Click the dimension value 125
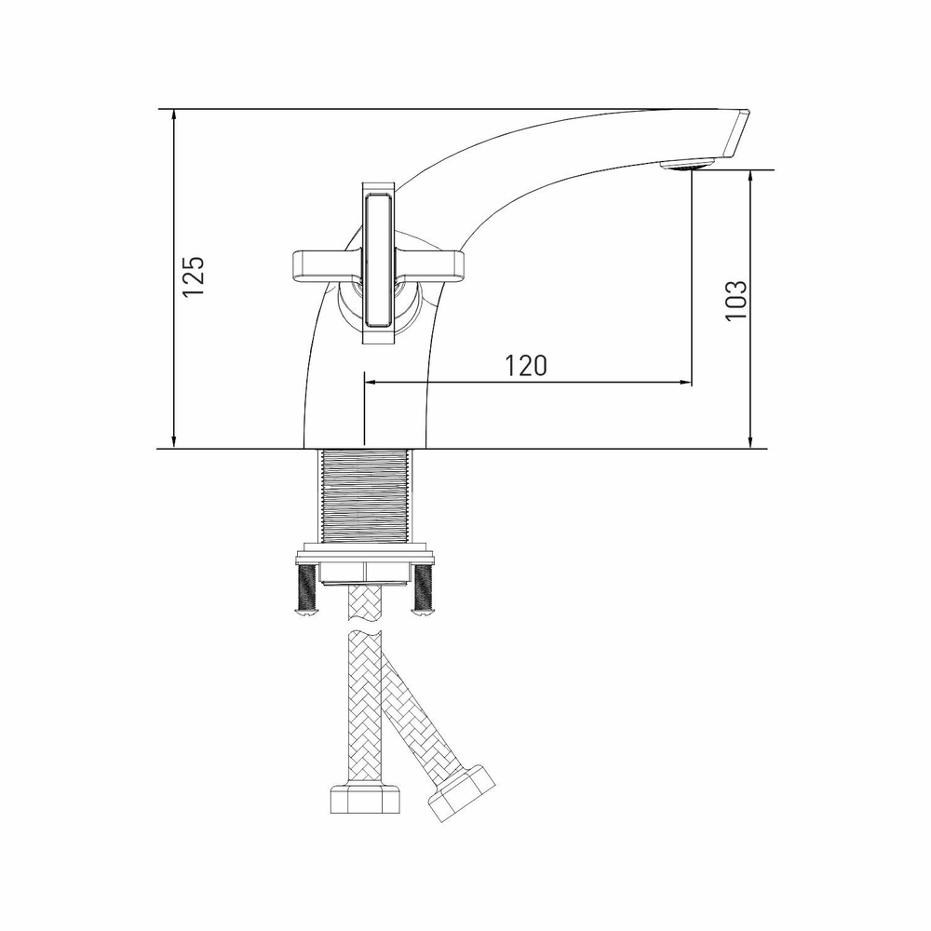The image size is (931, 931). (193, 276)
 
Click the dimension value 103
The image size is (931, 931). (736, 301)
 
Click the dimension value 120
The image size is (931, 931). (526, 366)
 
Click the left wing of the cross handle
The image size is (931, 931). (320, 264)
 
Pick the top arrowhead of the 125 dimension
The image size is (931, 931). (174, 115)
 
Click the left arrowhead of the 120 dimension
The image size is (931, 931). (371, 382)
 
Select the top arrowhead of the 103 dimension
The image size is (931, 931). (750, 177)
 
